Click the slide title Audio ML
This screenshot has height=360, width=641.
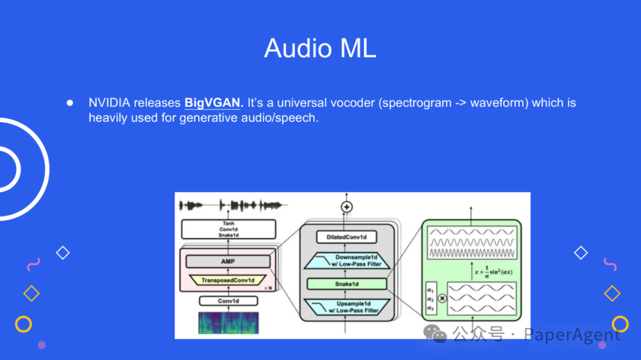320,48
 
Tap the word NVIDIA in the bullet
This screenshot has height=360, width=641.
109,103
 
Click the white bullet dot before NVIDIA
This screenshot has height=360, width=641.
69,103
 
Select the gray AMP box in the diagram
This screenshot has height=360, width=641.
228,262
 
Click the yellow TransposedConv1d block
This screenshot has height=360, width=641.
228,280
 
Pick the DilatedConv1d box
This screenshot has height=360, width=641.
347,237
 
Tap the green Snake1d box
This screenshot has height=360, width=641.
347,284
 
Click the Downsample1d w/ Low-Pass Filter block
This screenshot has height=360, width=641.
347,260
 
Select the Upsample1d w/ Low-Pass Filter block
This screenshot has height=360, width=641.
347,307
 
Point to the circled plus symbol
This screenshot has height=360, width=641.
347,207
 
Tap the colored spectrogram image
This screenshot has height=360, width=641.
228,322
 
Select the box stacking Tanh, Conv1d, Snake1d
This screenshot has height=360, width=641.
228,229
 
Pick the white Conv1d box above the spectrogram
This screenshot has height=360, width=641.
228,301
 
